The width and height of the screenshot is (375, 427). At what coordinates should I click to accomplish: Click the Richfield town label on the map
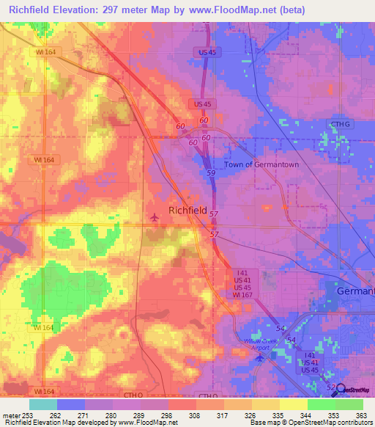[x=187, y=210]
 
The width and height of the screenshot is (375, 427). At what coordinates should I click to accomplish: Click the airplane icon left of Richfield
[x=154, y=217]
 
